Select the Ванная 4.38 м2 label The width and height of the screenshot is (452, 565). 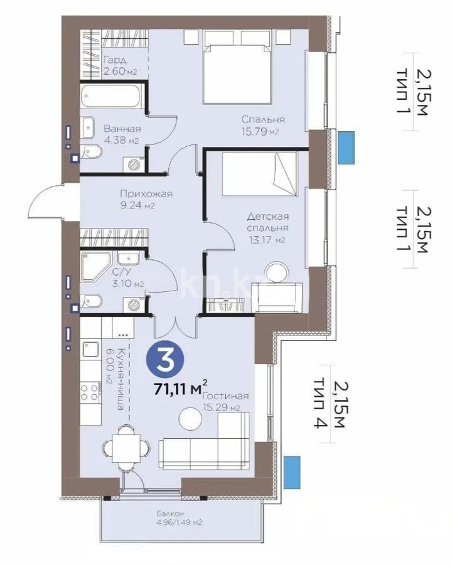click(122, 134)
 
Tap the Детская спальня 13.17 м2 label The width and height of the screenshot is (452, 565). click(267, 228)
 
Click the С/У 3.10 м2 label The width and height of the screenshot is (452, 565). click(128, 278)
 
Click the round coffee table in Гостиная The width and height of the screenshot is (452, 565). click(188, 418)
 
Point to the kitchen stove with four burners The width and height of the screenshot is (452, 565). click(90, 392)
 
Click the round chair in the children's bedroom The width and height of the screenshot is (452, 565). click(276, 274)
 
